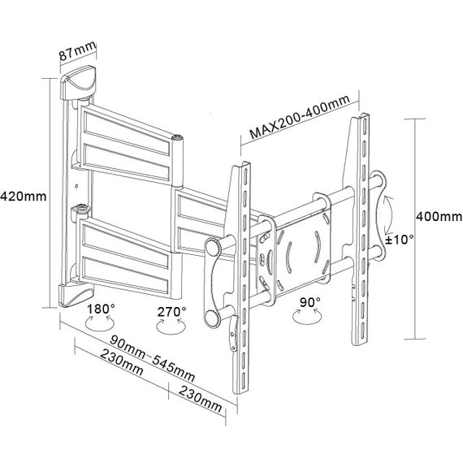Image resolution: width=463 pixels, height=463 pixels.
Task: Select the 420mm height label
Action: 24,197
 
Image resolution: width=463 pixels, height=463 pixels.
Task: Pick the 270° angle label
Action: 171,310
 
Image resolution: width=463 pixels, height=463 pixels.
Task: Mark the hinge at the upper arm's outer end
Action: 178,144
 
